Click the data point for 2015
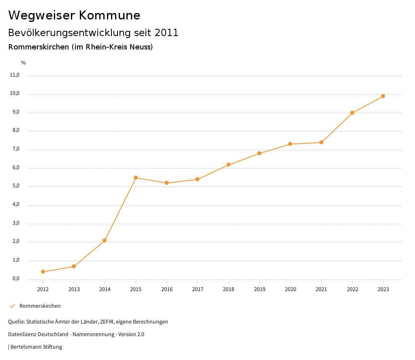pos(136,178)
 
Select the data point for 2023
pos(383,96)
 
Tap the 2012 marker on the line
pos(43,272)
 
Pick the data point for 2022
pos(352,113)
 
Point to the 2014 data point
pos(105,240)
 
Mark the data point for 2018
pos(229,165)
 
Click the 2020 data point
pos(290,144)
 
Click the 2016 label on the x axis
pos(167,289)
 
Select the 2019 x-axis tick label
pos(259,289)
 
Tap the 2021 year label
pos(321,289)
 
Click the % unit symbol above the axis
pos(24,63)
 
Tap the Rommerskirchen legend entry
pos(40,306)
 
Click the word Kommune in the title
pos(109,15)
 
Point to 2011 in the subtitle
pos(167,33)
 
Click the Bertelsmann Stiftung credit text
pos(36,347)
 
